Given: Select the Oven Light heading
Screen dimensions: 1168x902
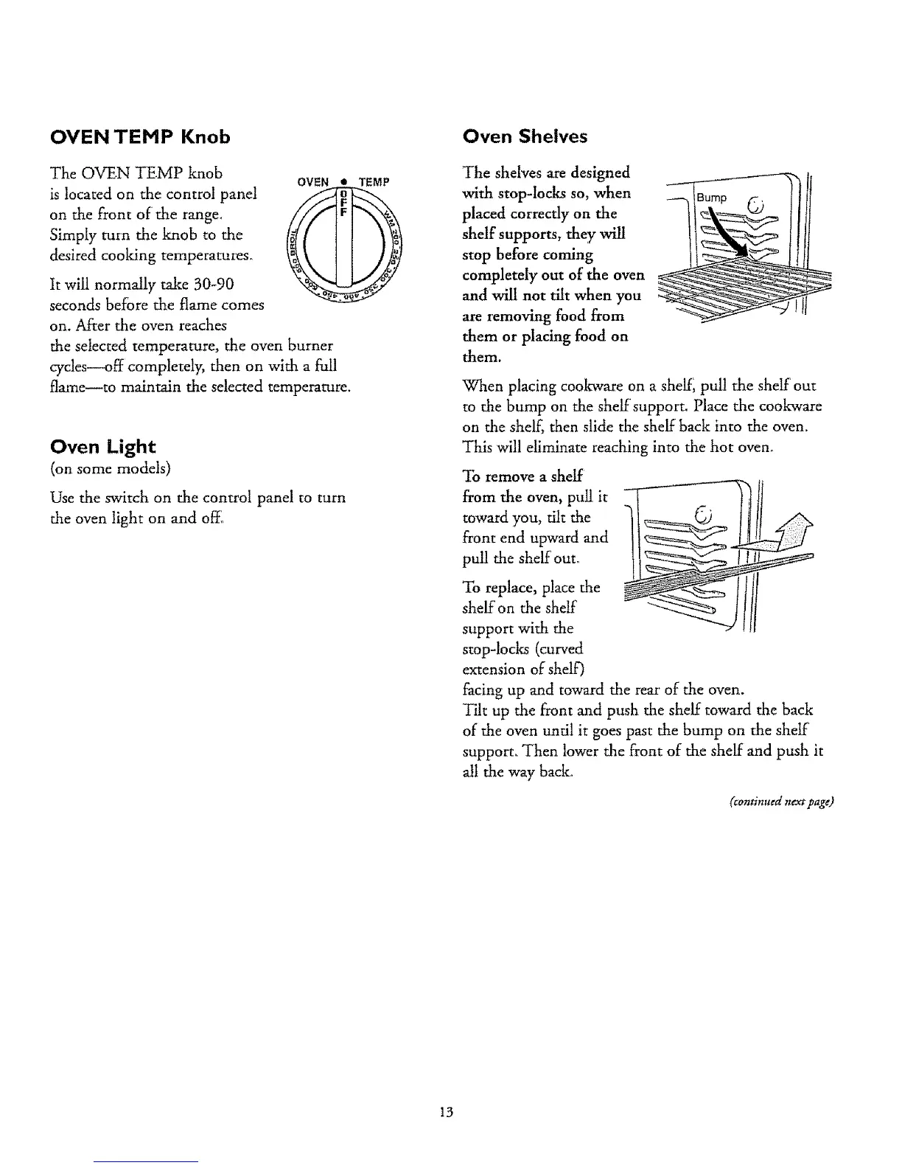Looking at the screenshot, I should pyautogui.click(x=102, y=447).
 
